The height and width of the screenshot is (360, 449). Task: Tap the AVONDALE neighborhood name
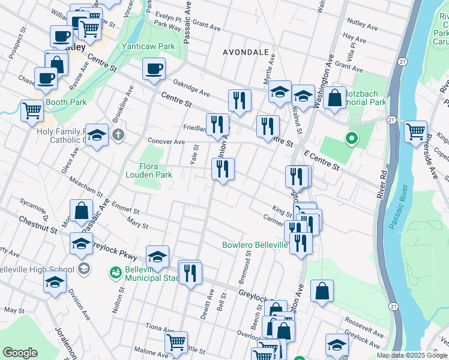pyautogui.click(x=246, y=52)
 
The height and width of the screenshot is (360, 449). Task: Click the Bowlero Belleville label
pyautogui.click(x=255, y=245)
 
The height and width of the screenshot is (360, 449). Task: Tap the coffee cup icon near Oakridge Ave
pyautogui.click(x=154, y=68)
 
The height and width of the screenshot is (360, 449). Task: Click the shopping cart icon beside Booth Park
pyautogui.click(x=32, y=110)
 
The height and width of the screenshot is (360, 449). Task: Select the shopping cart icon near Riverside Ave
pyautogui.click(x=415, y=131)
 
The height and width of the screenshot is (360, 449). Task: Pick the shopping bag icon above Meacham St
pyautogui.click(x=81, y=211)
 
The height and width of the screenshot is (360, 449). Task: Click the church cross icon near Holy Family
pyautogui.click(x=118, y=134)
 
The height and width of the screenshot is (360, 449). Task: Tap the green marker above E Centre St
pyautogui.click(x=352, y=140)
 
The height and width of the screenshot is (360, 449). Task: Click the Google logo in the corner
pyautogui.click(x=20, y=353)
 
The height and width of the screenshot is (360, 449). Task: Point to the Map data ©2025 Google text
pyautogui.click(x=411, y=355)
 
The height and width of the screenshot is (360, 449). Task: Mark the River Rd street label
pyautogui.click(x=382, y=187)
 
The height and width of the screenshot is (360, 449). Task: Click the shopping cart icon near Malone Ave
pyautogui.click(x=176, y=342)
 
